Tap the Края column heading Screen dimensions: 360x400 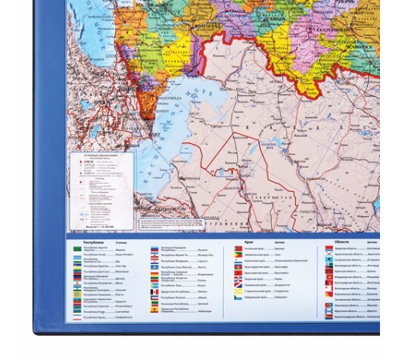249,241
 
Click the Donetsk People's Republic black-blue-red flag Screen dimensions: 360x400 78,279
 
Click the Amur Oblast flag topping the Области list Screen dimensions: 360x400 329,248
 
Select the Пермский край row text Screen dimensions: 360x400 258,277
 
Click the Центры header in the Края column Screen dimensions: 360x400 280,241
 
